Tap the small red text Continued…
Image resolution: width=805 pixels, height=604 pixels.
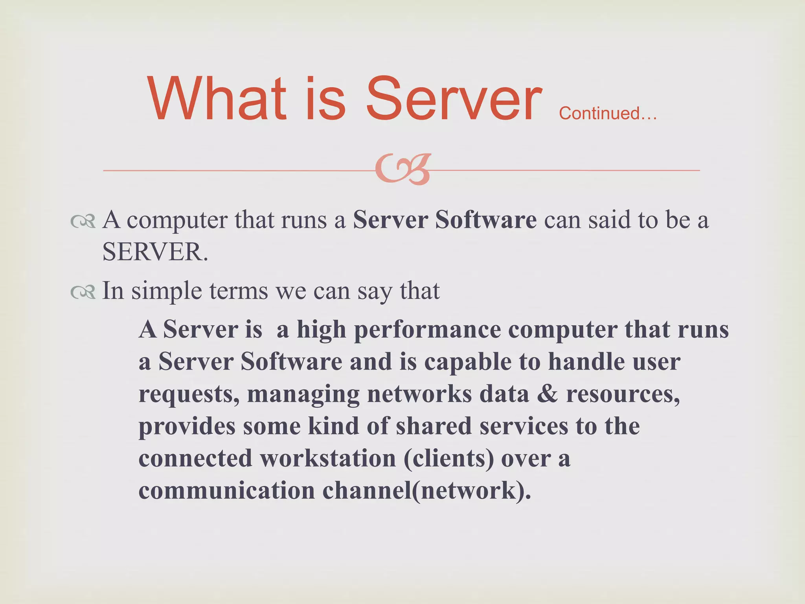click(x=608, y=114)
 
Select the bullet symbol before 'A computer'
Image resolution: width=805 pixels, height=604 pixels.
click(x=83, y=222)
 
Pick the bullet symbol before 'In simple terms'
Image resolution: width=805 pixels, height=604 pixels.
click(x=83, y=292)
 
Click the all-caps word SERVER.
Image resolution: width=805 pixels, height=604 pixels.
click(x=155, y=252)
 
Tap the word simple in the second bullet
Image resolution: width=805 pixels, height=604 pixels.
click(x=167, y=291)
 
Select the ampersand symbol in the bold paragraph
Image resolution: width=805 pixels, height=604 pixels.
click(x=547, y=394)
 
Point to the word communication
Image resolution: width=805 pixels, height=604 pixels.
click(x=227, y=491)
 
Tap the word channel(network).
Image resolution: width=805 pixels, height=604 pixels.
click(x=427, y=491)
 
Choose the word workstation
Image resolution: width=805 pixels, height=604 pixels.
click(x=328, y=459)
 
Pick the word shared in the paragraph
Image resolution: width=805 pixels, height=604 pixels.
click(x=434, y=426)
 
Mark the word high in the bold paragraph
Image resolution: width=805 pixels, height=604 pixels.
click(x=321, y=330)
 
